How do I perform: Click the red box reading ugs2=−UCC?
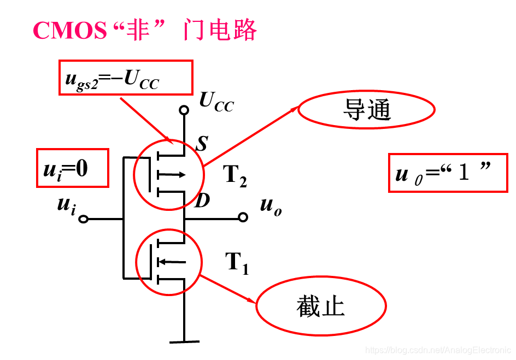pyautogui.click(x=126, y=78)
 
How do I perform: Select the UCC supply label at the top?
pyautogui.click(x=216, y=101)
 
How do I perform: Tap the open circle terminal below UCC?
pyautogui.click(x=184, y=110)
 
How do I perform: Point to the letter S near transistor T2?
pyautogui.click(x=202, y=144)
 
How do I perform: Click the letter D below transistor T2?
pyautogui.click(x=202, y=201)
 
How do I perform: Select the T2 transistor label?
pyautogui.click(x=235, y=176)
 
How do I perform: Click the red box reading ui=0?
pyautogui.click(x=72, y=168)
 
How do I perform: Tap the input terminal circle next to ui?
pyautogui.click(x=83, y=219)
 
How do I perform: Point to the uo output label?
pyautogui.click(x=271, y=206)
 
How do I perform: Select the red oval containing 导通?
pyautogui.click(x=366, y=110)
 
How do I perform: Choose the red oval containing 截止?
pyautogui.click(x=321, y=306)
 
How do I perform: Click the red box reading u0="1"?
pyautogui.click(x=448, y=173)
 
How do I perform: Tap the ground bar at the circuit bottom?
pyautogui.click(x=184, y=342)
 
